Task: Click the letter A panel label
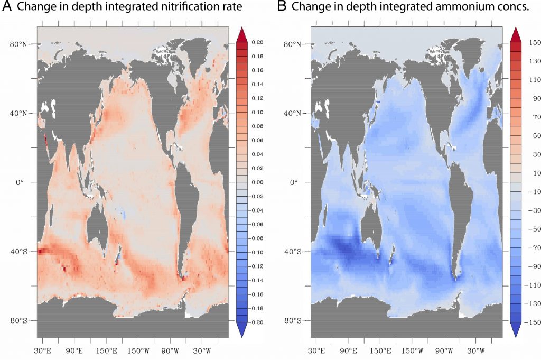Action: click(7, 7)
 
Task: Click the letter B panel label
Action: click(283, 7)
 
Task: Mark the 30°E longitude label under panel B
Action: click(316, 351)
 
